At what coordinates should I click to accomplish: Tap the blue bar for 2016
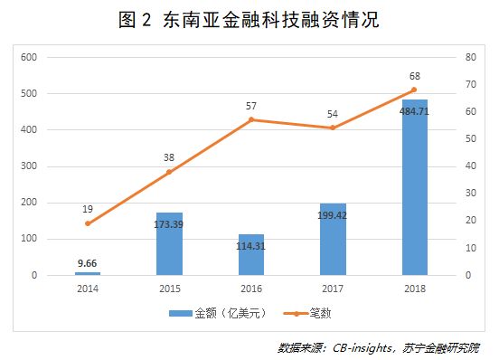[x=250, y=254]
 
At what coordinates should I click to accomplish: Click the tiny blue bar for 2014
[x=88, y=272]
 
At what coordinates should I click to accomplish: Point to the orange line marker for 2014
[x=88, y=223]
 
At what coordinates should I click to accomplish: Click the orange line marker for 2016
[x=250, y=119]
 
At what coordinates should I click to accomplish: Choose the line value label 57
[x=250, y=106]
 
